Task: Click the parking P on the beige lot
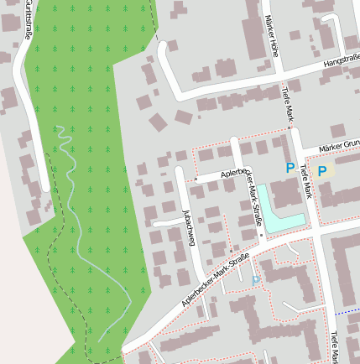pyautogui.click(x=321, y=171)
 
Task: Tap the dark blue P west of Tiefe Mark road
pyautogui.click(x=290, y=168)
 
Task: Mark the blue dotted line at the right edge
pyautogui.click(x=347, y=311)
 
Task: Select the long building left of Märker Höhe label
pyautogui.click(x=252, y=29)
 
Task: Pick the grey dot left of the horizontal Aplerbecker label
pyautogui.click(x=196, y=179)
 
